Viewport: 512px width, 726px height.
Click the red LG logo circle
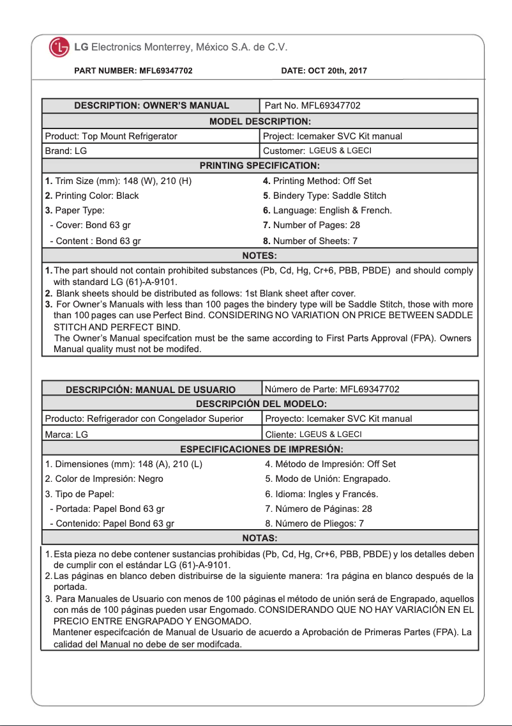59,47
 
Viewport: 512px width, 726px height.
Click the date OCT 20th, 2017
324,71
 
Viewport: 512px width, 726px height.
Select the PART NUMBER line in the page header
133,71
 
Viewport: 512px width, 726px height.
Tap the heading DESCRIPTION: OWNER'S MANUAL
151,105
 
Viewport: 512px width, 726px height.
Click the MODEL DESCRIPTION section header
260,121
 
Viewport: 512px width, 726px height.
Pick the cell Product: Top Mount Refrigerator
111,136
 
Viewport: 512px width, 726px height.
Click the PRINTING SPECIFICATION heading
260,166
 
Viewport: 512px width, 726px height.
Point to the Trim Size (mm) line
118,181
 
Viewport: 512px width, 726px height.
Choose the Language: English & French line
328,210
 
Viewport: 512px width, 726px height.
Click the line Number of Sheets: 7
310,241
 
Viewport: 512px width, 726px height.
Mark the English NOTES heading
260,256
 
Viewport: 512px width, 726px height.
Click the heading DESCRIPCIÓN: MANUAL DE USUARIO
151,389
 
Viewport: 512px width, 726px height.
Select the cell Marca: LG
66,434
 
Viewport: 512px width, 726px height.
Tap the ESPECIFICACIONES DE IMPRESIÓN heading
261,449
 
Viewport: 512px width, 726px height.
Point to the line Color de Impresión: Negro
104,479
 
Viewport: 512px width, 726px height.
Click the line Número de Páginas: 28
319,509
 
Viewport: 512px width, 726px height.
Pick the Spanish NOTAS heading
260,537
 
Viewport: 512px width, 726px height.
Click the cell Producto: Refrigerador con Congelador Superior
144,419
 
